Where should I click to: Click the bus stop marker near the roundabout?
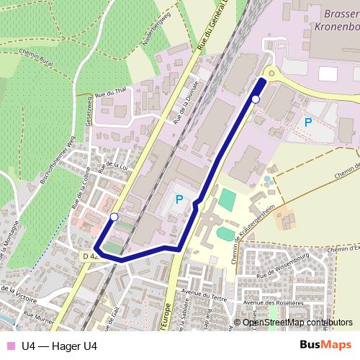click(256, 99)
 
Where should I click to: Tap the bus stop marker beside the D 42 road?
click(114, 216)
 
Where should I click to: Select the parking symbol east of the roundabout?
click(308, 122)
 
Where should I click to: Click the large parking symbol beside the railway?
click(179, 199)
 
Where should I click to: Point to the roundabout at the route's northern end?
click(270, 72)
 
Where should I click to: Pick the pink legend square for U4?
click(9, 346)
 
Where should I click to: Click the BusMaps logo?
click(325, 346)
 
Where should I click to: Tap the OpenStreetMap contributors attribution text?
click(297, 323)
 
